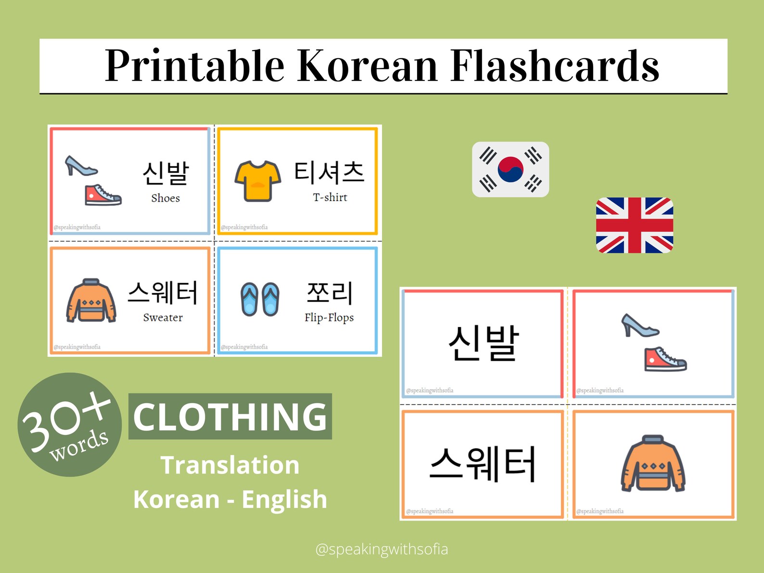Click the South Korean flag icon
coord(510,169)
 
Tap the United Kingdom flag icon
coord(634,225)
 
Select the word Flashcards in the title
coord(555,66)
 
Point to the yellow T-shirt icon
coord(258,180)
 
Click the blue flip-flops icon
coord(260,299)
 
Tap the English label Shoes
coord(166,198)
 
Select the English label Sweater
coord(163,318)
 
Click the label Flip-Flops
coord(329,318)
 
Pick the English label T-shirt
coord(330,197)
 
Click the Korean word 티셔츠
coord(330,172)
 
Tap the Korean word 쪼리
coord(330,293)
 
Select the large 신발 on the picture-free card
coord(484,343)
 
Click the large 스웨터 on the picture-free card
coord(483,464)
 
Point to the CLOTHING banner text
coord(230,417)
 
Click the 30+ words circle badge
coord(70,425)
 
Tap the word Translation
coord(230,465)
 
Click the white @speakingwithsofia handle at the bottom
coord(382,549)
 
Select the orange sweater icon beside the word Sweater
coord(91,301)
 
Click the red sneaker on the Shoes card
coord(103,195)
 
